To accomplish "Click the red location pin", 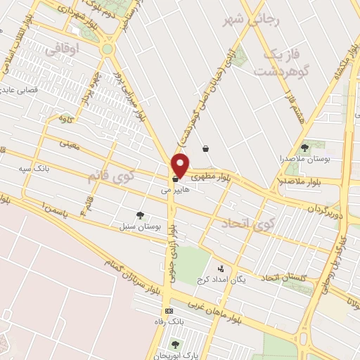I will tap(181, 165).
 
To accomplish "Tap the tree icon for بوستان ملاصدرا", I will tap(304, 148).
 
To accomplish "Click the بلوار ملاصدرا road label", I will tap(323, 181).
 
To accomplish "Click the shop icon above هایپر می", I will tap(174, 180).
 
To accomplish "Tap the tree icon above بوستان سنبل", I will tap(140, 215).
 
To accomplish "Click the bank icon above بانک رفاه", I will tap(169, 311).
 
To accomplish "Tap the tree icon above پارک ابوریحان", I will tap(174, 344).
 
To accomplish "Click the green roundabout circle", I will tap(107, 49).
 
